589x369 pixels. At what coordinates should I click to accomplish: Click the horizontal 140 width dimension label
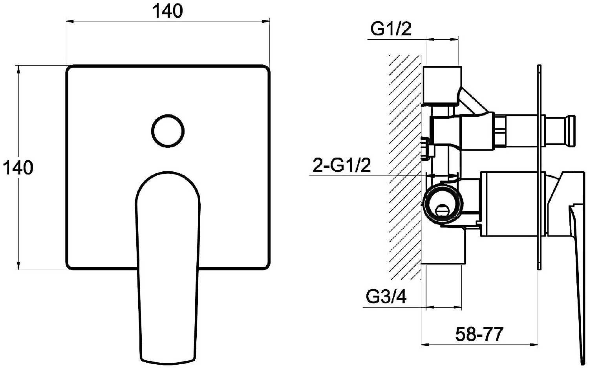[168, 11]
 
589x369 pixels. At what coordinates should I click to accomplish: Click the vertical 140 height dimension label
[18, 168]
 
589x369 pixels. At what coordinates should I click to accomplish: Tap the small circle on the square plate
[168, 131]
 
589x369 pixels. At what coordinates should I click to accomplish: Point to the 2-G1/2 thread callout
[342, 165]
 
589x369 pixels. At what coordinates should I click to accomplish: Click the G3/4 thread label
[386, 297]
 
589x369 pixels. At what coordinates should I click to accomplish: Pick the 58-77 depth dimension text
[479, 334]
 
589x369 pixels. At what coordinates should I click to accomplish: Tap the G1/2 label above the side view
[391, 29]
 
